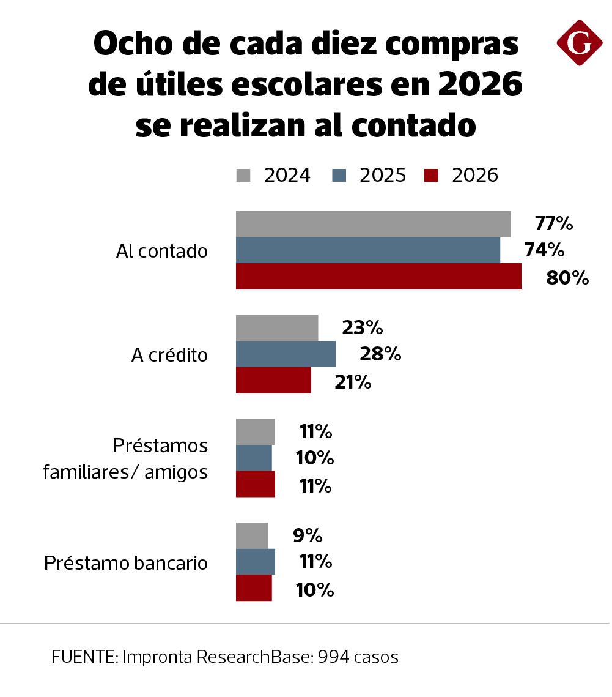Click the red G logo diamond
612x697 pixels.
point(580,43)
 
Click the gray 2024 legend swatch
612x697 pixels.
point(244,176)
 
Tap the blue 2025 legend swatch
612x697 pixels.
point(339,176)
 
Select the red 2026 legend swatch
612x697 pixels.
point(432,176)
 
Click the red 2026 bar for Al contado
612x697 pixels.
point(378,277)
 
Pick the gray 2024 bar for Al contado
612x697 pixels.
point(373,224)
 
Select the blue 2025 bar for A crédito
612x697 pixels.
point(286,354)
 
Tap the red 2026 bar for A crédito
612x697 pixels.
point(273,381)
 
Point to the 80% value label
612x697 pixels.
point(567,278)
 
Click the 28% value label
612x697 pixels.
point(380,354)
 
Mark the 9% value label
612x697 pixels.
point(308,536)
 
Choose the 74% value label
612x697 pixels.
point(544,250)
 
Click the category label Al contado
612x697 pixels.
point(162,252)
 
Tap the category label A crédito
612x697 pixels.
point(170,356)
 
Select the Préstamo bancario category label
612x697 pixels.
point(126,563)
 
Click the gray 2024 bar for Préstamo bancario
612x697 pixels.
point(252,536)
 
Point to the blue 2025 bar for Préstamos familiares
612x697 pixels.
point(254,458)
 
